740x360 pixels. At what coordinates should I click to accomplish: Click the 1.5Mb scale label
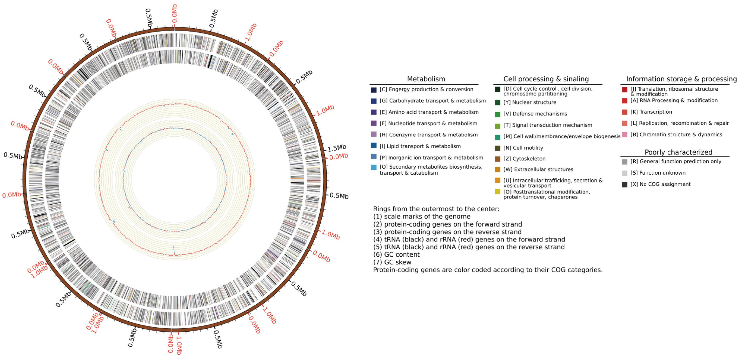[x=337, y=148]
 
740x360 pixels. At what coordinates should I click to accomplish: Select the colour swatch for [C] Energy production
[x=374, y=90]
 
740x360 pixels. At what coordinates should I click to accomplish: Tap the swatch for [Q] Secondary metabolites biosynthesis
[x=374, y=167]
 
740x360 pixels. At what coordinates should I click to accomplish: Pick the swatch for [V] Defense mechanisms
[x=498, y=114]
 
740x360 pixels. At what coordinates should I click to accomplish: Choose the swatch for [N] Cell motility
[x=498, y=148]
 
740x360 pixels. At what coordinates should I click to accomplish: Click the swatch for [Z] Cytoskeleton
[x=498, y=159]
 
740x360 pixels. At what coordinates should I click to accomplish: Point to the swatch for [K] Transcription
[x=625, y=112]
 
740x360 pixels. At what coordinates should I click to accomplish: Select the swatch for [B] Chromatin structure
[x=625, y=135]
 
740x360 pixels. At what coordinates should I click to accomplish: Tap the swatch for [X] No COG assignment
[x=625, y=184]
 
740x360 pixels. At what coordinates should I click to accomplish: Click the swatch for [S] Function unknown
[x=625, y=173]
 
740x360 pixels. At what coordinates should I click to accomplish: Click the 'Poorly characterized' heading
[x=678, y=152]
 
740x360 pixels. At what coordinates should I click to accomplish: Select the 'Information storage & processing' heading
[x=681, y=79]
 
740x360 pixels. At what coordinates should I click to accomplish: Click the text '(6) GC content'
[x=396, y=255]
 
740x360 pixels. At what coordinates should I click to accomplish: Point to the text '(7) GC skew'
[x=392, y=262]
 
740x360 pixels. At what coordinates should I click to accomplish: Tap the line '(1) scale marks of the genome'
[x=422, y=216]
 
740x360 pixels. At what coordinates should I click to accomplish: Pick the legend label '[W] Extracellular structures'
[x=538, y=170]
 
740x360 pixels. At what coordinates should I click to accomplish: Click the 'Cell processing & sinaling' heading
[x=546, y=79]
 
